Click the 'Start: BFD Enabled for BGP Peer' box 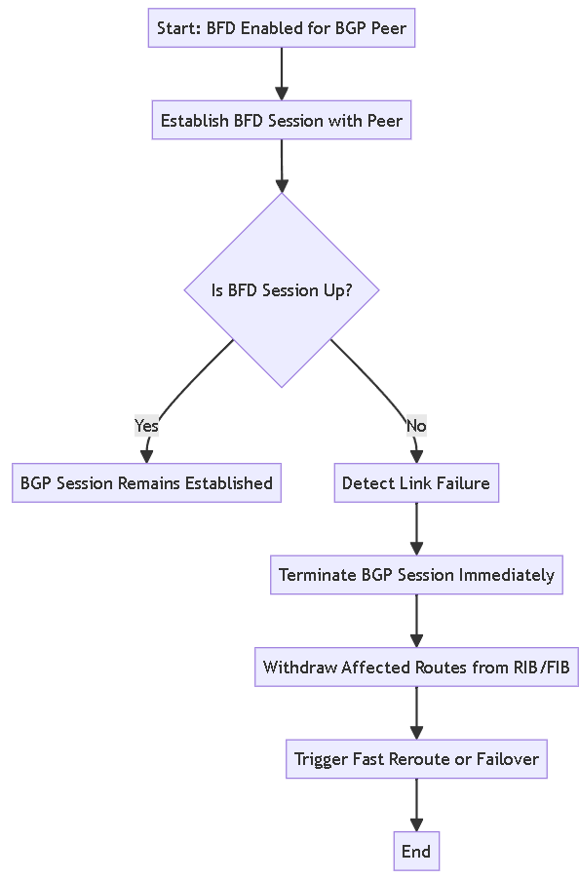point(282,28)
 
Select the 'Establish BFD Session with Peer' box point(282,120)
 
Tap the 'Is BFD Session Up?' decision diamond point(282,289)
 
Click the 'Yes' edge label point(146,426)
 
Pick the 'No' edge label point(416,426)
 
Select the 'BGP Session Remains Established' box point(146,482)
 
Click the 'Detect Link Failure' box point(416,482)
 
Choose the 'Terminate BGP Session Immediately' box point(416,575)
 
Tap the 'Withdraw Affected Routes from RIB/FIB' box point(416,668)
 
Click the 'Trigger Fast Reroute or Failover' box point(416,759)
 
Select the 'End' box point(416,851)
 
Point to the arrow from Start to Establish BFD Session point(282,74)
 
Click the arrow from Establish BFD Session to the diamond point(282,166)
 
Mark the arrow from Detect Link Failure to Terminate point(416,528)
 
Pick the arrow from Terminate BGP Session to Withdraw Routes point(416,621)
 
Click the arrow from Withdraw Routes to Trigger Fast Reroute point(416,712)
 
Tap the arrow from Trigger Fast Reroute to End point(416,804)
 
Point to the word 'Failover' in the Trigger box point(508,759)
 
